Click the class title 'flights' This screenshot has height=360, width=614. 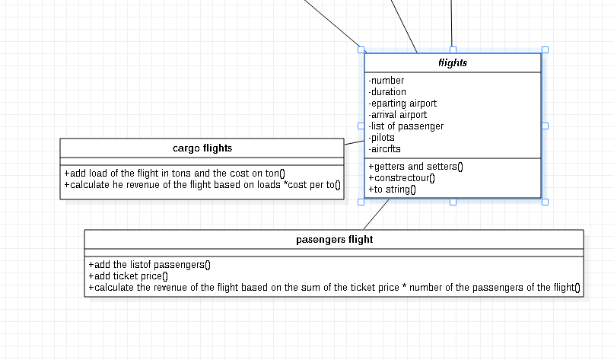[x=453, y=63]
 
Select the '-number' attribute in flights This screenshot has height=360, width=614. [x=387, y=81]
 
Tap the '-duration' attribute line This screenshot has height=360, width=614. [x=388, y=92]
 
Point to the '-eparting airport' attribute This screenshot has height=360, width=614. [x=402, y=104]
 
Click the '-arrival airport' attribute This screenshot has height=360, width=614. [x=398, y=115]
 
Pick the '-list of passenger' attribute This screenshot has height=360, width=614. [x=406, y=126]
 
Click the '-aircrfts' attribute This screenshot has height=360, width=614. [x=385, y=149]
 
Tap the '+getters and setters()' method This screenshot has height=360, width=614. [x=415, y=167]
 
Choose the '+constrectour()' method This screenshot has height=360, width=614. [x=402, y=178]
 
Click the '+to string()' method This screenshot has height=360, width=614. [x=393, y=190]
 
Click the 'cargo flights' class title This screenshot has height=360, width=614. [x=202, y=148]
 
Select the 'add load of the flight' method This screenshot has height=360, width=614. [x=174, y=173]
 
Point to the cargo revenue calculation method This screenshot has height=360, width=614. [x=202, y=184]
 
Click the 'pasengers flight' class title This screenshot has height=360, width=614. [x=334, y=240]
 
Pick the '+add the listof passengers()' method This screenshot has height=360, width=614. [x=150, y=265]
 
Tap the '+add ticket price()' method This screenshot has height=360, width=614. [x=128, y=276]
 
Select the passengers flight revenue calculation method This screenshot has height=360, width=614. [x=334, y=288]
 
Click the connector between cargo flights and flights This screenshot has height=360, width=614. [x=354, y=142]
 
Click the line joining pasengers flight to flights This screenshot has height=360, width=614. [x=377, y=214]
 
